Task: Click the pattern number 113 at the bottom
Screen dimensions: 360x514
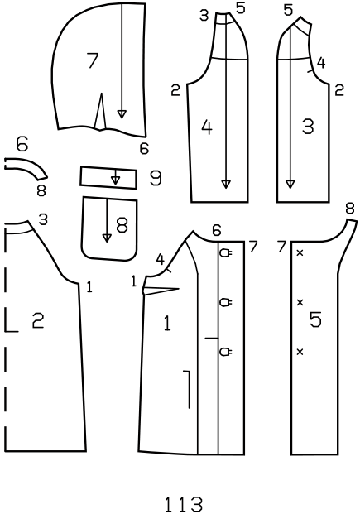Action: (x=183, y=504)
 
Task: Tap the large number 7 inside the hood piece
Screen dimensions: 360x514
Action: (x=93, y=60)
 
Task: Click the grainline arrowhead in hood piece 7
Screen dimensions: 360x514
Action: (x=122, y=114)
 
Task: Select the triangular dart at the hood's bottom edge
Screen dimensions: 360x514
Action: (x=101, y=111)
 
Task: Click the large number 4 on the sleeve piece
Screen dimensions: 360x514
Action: (x=207, y=127)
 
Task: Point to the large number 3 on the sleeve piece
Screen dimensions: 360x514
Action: (x=308, y=127)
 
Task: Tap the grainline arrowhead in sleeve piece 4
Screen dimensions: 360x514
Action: (x=226, y=185)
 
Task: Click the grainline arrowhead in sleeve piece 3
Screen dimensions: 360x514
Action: (x=290, y=185)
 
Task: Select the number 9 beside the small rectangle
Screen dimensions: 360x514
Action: (x=156, y=178)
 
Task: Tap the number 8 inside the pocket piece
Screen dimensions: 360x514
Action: (x=122, y=225)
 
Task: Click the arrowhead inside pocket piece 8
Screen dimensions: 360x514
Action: (x=107, y=238)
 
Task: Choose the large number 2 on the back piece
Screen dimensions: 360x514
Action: (x=38, y=320)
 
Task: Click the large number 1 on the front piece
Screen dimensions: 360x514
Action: (x=167, y=324)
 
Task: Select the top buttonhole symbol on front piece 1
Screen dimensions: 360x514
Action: (x=226, y=253)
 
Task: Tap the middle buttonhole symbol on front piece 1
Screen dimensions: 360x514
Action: (x=226, y=302)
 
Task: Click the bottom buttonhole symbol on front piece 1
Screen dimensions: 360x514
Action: (x=226, y=352)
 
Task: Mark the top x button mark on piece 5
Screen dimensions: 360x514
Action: (x=300, y=252)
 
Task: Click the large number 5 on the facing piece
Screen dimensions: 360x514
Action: (x=316, y=319)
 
